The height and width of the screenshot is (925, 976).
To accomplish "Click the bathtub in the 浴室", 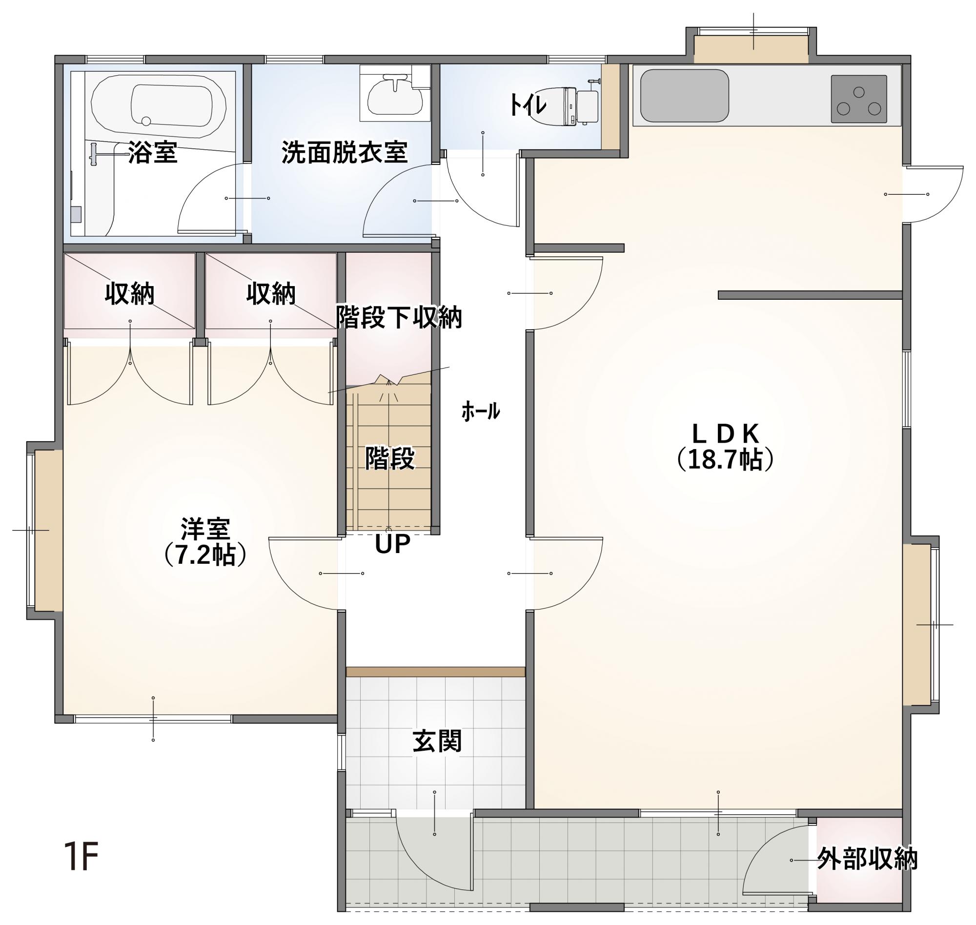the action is pos(159,105).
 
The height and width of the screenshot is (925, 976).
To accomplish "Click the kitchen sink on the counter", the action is pos(684,96).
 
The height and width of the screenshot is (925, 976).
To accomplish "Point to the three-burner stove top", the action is pos(859,99).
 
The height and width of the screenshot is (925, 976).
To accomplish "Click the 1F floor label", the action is pos(81,857).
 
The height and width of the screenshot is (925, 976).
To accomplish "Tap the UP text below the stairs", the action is pos(392,544).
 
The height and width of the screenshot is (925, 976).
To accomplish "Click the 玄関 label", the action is pos(437,741).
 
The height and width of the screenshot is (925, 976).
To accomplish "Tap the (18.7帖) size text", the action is pos(725,459).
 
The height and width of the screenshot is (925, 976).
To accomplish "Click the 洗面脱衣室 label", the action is pos(345,152).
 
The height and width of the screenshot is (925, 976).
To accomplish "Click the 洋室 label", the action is pos(205,529).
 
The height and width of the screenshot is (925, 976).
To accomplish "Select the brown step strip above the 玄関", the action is pos(436,672).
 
